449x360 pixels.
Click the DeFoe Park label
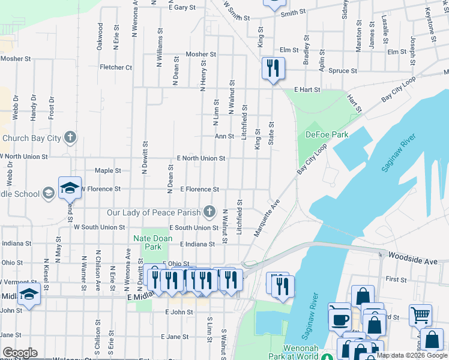327,135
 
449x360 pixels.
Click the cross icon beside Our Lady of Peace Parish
209,211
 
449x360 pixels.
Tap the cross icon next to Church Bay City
70,138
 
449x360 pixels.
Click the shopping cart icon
421,314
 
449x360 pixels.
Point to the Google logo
20,353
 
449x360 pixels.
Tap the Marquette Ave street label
267,218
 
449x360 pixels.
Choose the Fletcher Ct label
116,67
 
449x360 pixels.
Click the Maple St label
108,171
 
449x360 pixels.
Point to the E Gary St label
183,8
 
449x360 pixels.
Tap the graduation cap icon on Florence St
70,187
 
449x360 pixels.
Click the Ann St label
224,136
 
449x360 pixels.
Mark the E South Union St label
194,228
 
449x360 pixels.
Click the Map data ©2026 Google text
412,355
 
